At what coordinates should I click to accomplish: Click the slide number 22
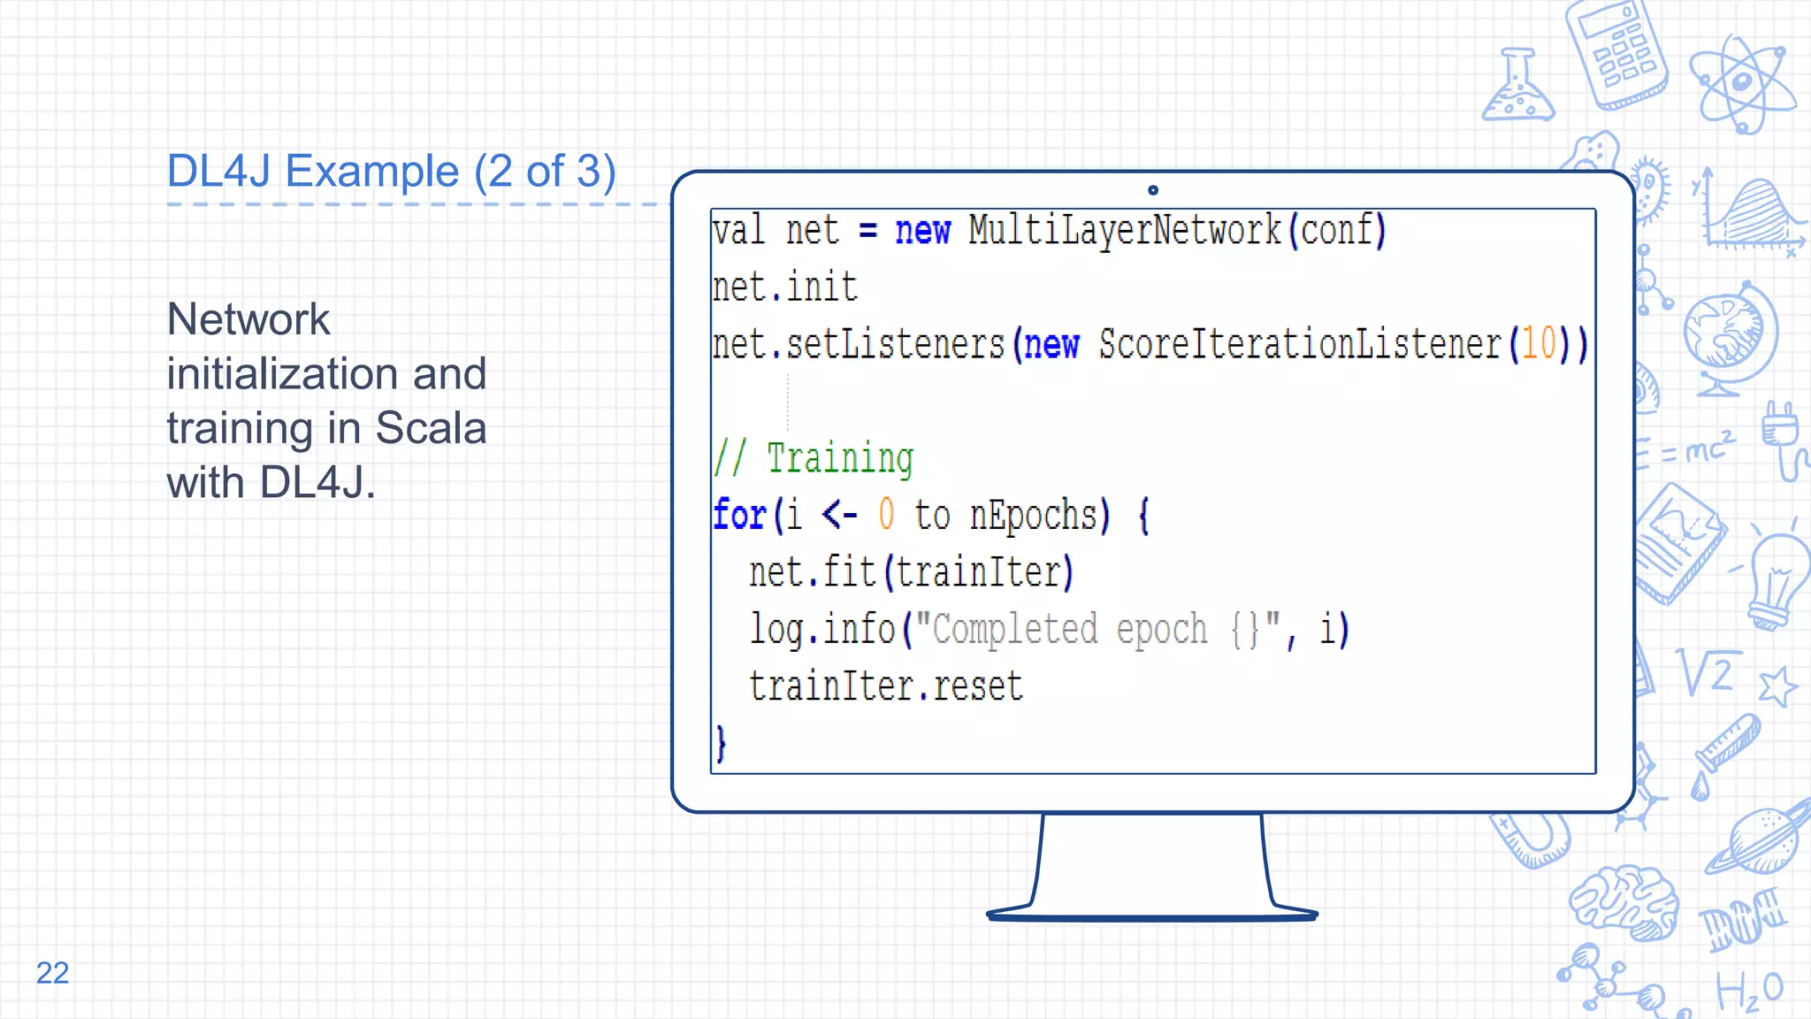point(52,972)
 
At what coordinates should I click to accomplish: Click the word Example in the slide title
point(372,171)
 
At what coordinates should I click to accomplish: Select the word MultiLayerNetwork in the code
point(1124,230)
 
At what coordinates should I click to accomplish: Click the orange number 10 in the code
point(1539,343)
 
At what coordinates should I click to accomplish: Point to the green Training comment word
point(839,458)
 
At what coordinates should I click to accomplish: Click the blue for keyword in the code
point(739,515)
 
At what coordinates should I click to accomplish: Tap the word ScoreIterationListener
point(1300,343)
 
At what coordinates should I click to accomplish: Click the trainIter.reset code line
point(885,686)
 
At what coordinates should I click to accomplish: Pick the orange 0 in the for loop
point(886,515)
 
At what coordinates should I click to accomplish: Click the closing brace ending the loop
point(721,743)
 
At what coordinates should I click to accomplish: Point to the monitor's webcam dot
point(1152,190)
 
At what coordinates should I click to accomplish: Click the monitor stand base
point(1151,915)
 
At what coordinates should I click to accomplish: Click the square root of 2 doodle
point(1708,673)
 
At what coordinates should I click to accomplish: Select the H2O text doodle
point(1749,991)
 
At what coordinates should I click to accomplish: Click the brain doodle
point(1624,900)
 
